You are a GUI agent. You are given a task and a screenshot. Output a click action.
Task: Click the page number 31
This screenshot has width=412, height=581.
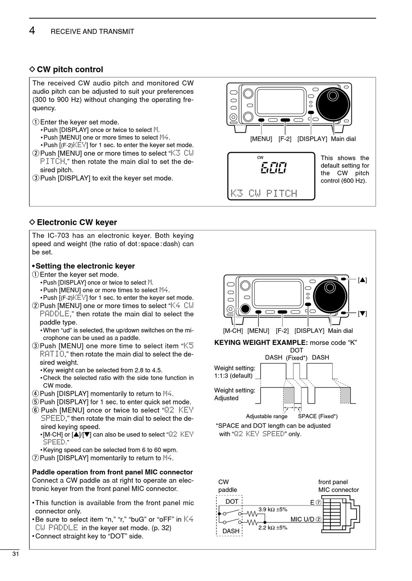point(15,554)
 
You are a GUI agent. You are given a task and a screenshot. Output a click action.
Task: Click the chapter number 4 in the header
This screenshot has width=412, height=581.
point(32,30)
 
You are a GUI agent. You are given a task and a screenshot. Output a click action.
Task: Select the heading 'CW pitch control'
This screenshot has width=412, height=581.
point(70,69)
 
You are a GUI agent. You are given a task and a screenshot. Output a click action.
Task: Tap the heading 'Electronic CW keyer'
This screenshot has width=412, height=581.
point(77,223)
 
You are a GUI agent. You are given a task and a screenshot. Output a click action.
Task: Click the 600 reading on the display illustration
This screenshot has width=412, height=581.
point(273,168)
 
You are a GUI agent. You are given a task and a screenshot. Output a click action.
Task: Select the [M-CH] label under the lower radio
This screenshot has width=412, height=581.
point(233,331)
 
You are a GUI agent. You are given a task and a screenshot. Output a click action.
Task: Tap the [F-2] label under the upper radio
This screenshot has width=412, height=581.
point(284,139)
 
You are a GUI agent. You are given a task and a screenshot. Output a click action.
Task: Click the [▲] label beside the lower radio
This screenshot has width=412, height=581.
point(363,280)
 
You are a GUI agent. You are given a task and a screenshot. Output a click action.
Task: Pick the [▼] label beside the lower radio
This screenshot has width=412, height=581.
point(363,313)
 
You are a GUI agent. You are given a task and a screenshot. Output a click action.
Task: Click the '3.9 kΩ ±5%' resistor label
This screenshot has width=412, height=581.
point(273,509)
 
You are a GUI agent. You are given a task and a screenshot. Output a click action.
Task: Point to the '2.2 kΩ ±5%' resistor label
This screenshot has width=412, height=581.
point(273,528)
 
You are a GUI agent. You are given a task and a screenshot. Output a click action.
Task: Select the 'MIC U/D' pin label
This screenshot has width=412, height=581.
point(306,519)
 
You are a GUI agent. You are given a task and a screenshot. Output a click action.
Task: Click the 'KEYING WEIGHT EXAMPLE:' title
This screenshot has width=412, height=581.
point(261,343)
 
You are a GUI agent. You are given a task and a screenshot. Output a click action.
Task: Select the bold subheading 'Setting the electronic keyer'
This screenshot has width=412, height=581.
point(85,266)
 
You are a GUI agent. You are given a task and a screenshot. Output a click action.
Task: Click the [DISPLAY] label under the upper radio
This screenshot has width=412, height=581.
point(312,139)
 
